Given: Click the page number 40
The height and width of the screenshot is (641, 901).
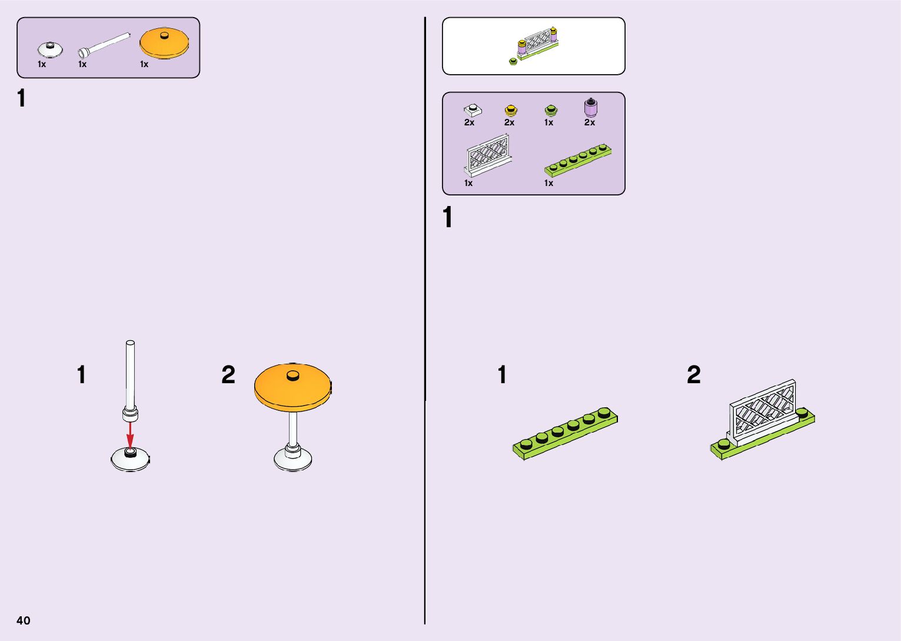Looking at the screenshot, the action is pos(24,620).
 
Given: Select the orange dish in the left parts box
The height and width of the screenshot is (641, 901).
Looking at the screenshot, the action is pos(164,44).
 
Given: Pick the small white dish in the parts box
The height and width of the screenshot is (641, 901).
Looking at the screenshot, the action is pos(51,49).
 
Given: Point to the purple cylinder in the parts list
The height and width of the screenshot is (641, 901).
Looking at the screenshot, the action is pos(590,107).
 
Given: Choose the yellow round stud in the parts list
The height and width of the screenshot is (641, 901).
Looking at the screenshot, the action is pos(510,110).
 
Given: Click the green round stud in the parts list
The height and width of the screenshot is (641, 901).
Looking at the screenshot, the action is pos(551,110).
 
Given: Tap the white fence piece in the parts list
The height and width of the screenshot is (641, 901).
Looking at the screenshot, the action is pos(488,154).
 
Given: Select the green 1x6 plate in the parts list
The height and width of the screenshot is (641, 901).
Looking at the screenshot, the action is pos(577,160).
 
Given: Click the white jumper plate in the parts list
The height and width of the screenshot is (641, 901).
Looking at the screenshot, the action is pos(472,109).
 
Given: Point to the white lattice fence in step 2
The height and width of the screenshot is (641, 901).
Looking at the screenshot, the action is pos(763,410).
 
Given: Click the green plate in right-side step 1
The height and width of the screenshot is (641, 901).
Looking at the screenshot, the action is pos(565,433).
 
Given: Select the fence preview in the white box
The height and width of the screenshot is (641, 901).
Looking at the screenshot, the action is pos(534,45).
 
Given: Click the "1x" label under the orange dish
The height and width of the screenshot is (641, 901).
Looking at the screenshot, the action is pos(144,64).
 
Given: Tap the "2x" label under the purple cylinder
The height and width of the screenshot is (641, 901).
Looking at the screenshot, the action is pos(590,122).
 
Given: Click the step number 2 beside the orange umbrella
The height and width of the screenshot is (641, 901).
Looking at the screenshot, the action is pos(228,375).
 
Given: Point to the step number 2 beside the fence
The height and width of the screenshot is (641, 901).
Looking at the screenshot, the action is pos(694,375).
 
